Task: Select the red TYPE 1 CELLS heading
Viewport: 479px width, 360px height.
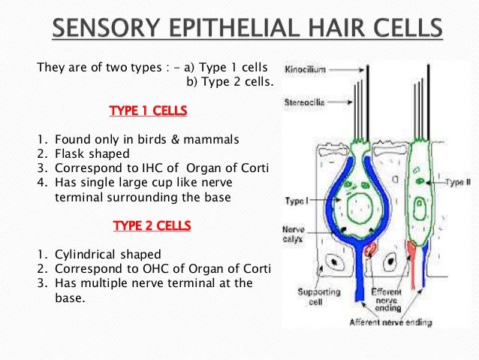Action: [148, 112]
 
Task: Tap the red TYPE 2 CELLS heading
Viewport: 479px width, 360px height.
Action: [151, 225]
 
